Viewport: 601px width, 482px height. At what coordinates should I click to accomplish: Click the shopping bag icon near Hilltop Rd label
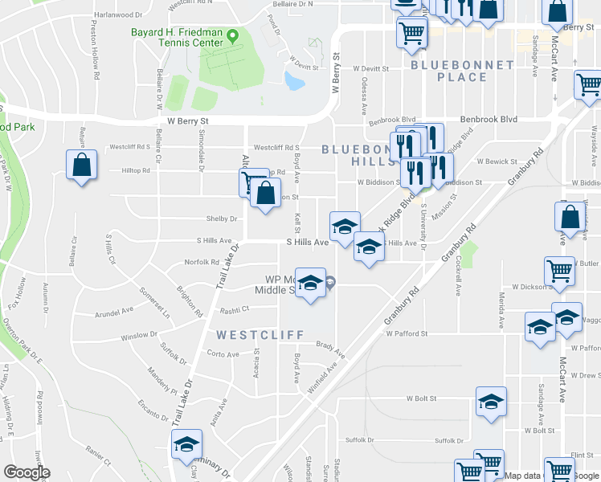click(81, 166)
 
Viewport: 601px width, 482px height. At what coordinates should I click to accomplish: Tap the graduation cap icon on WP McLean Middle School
click(312, 283)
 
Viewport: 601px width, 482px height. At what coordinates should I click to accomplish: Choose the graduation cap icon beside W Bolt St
click(491, 402)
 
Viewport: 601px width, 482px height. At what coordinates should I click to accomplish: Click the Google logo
click(27, 472)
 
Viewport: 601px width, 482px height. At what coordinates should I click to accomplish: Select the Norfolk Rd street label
click(202, 262)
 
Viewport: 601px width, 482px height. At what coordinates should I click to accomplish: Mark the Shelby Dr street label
click(223, 219)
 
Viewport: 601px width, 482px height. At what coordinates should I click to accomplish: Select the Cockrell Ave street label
click(459, 277)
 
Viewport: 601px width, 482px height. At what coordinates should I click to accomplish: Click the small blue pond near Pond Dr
click(294, 80)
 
